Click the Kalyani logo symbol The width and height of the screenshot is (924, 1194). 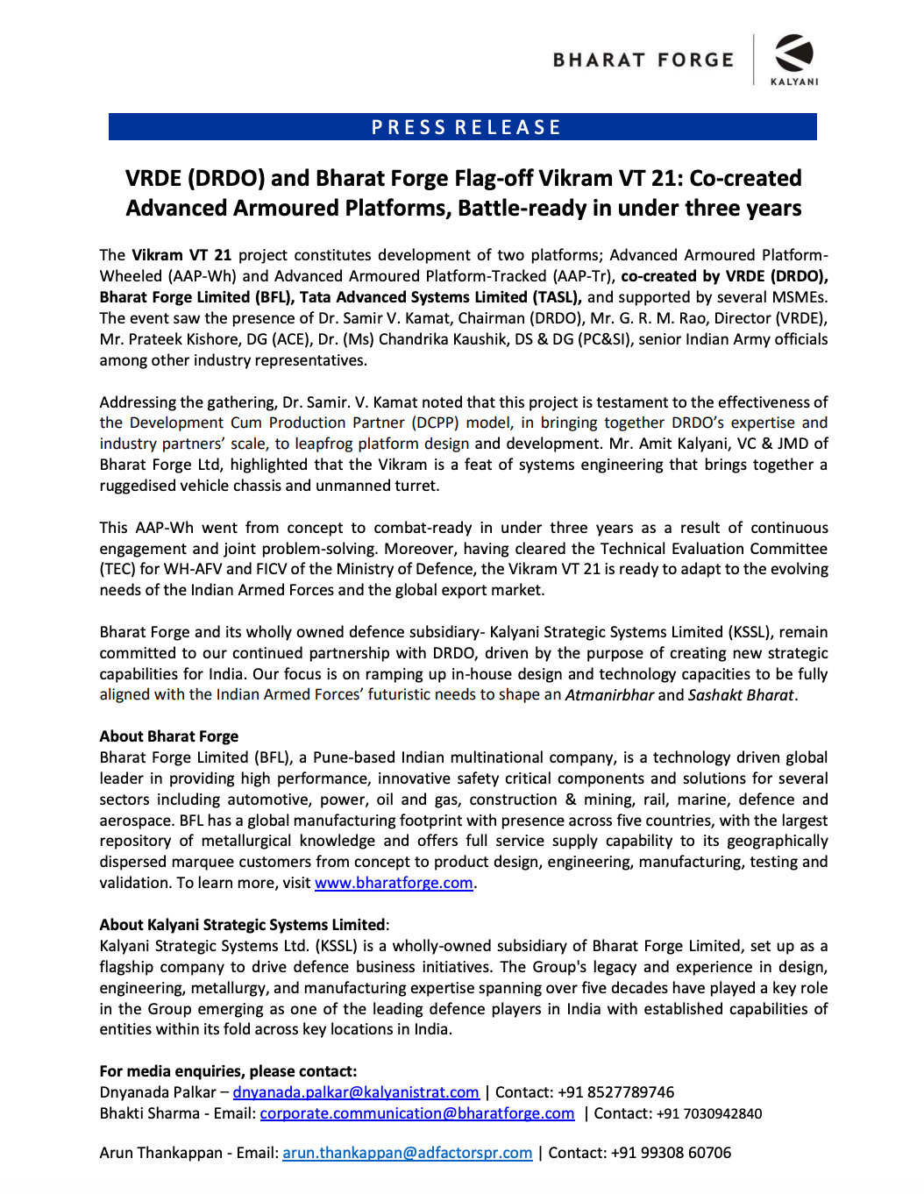[x=794, y=53]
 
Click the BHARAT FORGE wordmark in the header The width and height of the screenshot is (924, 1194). [x=643, y=60]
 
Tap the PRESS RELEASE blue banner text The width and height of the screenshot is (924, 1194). [x=466, y=128]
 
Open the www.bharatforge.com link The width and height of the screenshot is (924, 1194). [x=394, y=883]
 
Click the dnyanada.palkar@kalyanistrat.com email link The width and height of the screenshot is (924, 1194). [x=356, y=1092]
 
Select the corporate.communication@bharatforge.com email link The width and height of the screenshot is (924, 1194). [x=417, y=1113]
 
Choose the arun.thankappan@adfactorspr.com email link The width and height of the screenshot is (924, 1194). [x=408, y=1153]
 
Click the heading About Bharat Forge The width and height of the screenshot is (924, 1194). [x=169, y=736]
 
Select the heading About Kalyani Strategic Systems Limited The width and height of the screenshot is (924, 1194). [x=242, y=925]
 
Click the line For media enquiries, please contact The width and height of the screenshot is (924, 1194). [x=228, y=1071]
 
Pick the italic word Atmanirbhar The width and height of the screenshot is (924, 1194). [x=609, y=695]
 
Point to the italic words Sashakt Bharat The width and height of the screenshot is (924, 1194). [x=741, y=695]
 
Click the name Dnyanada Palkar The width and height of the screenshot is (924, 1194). [x=158, y=1092]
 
